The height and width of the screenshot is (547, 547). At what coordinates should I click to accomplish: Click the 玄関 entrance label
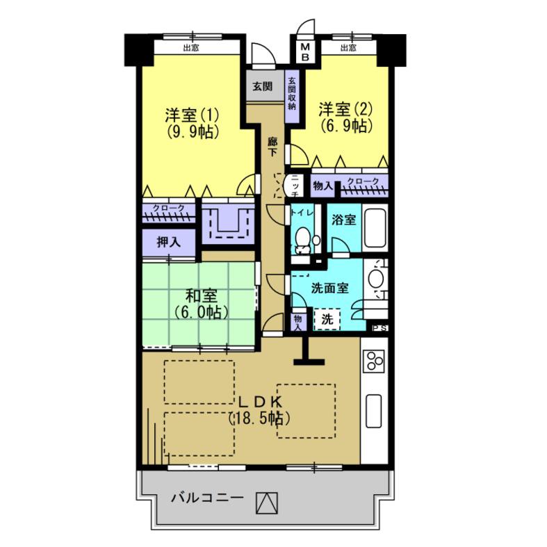pyautogui.click(x=262, y=85)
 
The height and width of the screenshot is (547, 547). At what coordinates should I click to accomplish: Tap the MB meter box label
pyautogui.click(x=305, y=52)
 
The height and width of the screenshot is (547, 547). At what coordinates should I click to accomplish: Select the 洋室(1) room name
pyautogui.click(x=192, y=115)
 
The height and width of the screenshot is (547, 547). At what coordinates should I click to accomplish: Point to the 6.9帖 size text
pyautogui.click(x=345, y=126)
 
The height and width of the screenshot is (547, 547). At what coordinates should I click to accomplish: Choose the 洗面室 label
pyautogui.click(x=329, y=288)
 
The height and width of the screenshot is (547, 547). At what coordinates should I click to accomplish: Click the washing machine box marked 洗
pyautogui.click(x=327, y=319)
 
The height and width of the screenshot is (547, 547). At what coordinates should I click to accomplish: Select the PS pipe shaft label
pyautogui.click(x=379, y=328)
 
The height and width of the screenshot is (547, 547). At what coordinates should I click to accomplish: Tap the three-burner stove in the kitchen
pyautogui.click(x=374, y=360)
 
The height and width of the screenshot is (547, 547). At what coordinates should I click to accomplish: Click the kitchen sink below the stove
pyautogui.click(x=373, y=410)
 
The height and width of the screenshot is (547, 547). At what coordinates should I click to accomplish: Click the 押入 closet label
pyautogui.click(x=168, y=242)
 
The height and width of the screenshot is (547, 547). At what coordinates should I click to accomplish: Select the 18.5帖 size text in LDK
pyautogui.click(x=259, y=418)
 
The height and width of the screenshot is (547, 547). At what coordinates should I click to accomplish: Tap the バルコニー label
pyautogui.click(x=207, y=498)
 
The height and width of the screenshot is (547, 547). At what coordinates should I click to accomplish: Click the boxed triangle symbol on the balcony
pyautogui.click(x=267, y=503)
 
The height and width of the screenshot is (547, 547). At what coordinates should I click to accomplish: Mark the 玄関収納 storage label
pyautogui.click(x=292, y=93)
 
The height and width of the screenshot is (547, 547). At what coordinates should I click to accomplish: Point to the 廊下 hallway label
pyautogui.click(x=272, y=147)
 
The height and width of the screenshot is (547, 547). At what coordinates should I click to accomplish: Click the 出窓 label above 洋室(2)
pyautogui.click(x=348, y=48)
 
